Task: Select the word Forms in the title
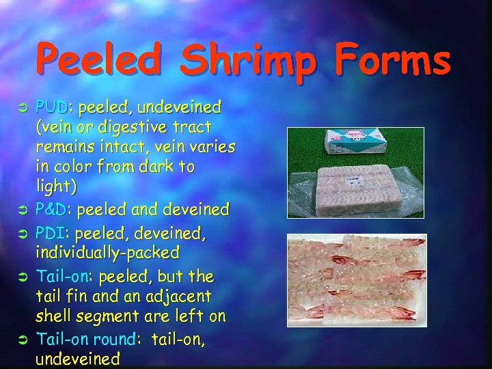pyautogui.click(x=391, y=60)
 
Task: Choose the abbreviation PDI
pyautogui.click(x=52, y=233)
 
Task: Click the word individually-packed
pyautogui.click(x=107, y=253)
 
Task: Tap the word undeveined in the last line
pyautogui.click(x=78, y=359)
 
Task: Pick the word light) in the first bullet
pyautogui.click(x=56, y=186)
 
